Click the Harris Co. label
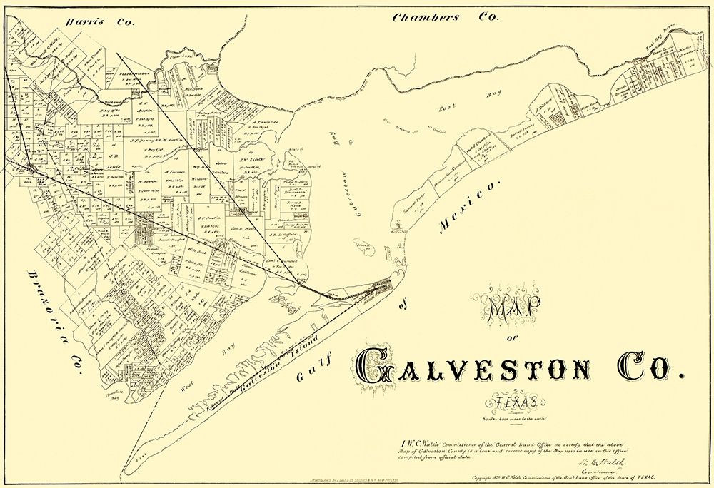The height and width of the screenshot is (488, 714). pos(99,22)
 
